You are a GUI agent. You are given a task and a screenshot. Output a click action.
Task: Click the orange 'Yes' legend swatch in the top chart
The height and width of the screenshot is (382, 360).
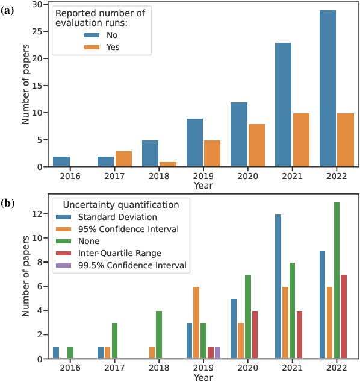point(92,48)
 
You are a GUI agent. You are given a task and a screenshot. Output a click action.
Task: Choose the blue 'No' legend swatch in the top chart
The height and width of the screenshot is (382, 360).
point(92,36)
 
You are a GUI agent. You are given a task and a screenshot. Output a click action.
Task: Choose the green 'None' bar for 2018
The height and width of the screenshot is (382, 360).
point(159,334)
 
